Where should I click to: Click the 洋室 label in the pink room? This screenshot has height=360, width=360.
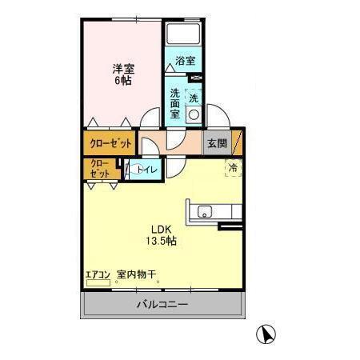[123, 69]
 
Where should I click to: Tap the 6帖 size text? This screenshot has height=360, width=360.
[123, 81]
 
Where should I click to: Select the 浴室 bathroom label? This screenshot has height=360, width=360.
[186, 61]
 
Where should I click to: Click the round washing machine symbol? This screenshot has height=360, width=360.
[193, 114]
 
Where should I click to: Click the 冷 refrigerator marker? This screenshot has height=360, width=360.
[232, 168]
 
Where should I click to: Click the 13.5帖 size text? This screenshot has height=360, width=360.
[160, 240]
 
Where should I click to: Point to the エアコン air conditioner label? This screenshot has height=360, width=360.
[98, 274]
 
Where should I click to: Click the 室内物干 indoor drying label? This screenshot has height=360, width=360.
[137, 274]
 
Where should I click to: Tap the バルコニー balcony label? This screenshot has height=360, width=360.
[161, 305]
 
